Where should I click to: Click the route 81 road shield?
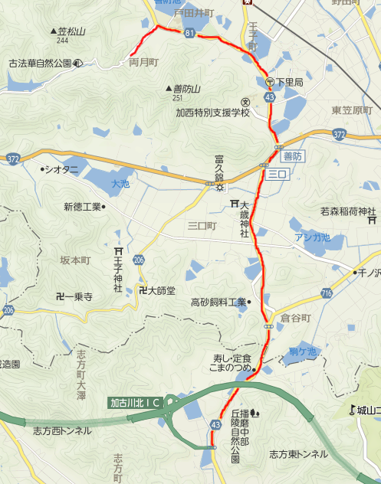(189, 32)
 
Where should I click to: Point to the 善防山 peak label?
(183, 89)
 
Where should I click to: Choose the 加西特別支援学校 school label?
(212, 112)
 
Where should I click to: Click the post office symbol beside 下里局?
(271, 81)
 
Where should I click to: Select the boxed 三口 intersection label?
(277, 175)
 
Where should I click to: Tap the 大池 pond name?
(121, 184)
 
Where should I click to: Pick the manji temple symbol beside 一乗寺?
(60, 296)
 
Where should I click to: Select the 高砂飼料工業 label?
(218, 302)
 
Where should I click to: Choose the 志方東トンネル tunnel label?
(298, 454)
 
